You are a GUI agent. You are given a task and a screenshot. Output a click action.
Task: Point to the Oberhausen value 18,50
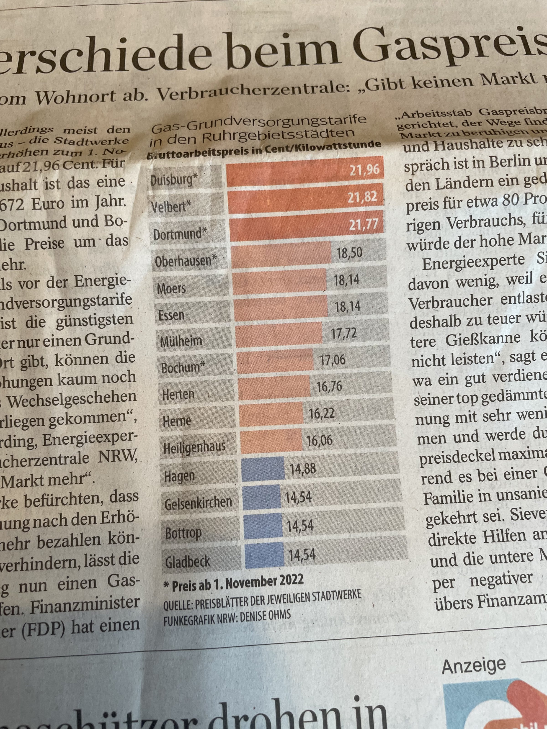point(349,253)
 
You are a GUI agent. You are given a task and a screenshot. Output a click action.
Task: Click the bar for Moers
point(279,281)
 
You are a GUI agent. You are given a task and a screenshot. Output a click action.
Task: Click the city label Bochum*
point(181,367)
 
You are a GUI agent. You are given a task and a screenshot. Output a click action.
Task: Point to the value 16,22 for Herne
point(321,413)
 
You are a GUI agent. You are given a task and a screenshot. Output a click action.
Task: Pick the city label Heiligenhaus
point(195,447)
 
